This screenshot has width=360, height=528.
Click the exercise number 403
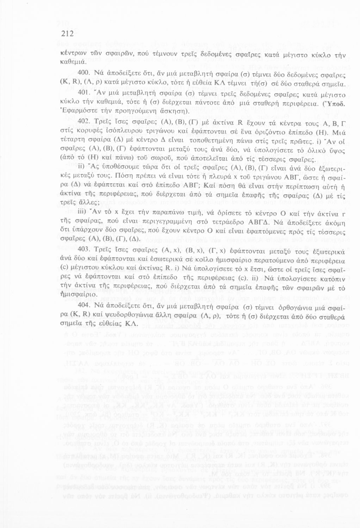(83, 249)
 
